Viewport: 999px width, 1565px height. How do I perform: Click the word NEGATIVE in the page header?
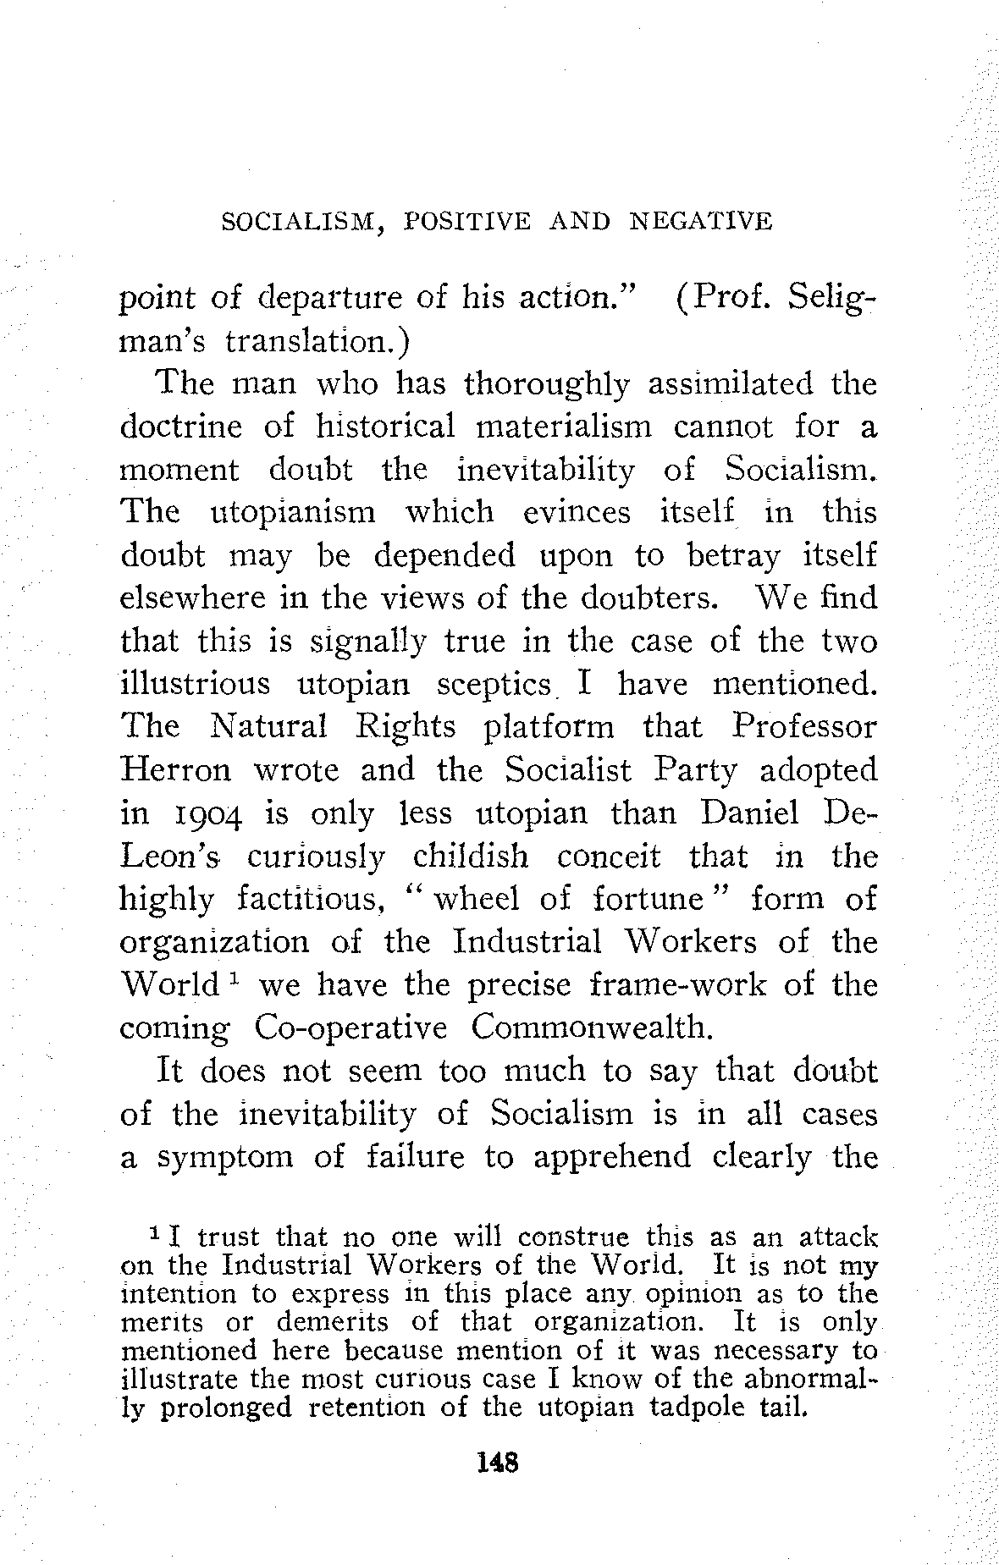(702, 222)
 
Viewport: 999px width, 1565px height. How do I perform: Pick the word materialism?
(564, 427)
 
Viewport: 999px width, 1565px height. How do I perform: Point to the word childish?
(471, 857)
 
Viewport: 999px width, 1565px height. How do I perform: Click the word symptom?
(224, 1158)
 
